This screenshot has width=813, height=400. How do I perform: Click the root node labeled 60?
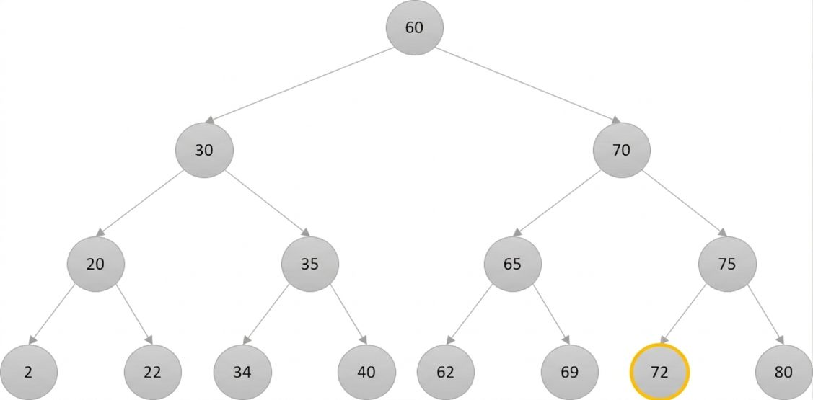(415, 27)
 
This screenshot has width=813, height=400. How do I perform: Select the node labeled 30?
(204, 150)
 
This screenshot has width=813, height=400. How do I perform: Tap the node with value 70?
(621, 150)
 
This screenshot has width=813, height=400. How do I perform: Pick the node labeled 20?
(95, 265)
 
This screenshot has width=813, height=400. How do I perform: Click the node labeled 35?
(310, 265)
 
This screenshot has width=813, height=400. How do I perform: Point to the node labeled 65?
(513, 265)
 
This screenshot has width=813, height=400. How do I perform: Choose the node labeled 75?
(727, 265)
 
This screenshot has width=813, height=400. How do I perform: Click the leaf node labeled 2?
(29, 372)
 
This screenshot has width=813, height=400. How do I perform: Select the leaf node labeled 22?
(153, 372)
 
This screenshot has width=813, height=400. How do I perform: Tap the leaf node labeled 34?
(242, 372)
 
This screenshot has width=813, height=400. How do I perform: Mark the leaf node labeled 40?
(366, 372)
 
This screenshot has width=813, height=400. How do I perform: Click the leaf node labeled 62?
(445, 372)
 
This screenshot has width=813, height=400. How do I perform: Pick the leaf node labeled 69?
(569, 372)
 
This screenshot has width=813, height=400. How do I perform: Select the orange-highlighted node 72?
(659, 372)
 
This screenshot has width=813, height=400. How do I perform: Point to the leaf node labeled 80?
(784, 372)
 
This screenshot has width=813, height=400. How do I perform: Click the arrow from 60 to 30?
(299, 86)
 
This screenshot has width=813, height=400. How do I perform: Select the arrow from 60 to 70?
(528, 86)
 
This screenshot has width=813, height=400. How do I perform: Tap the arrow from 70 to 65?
(559, 203)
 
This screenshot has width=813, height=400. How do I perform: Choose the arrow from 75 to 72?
(684, 314)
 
